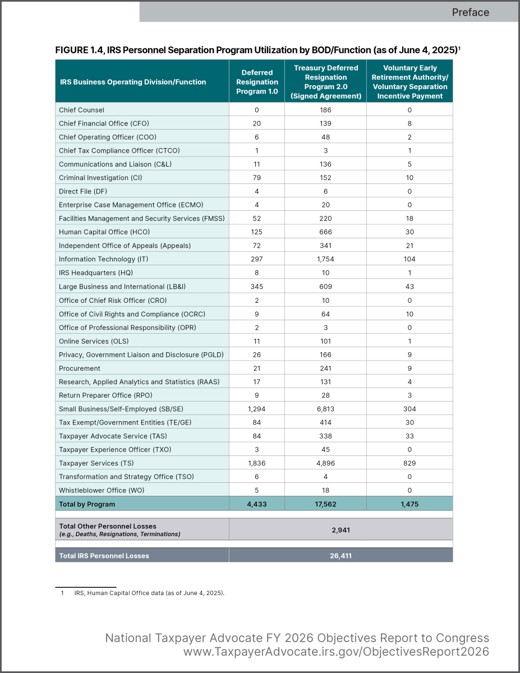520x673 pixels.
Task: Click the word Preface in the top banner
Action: pyautogui.click(x=470, y=12)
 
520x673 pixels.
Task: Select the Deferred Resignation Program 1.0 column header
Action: pyautogui.click(x=257, y=82)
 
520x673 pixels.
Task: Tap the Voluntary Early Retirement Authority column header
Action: pyautogui.click(x=409, y=82)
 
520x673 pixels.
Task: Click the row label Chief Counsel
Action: pyautogui.click(x=81, y=110)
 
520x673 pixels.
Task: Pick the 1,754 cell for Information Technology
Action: pyautogui.click(x=325, y=259)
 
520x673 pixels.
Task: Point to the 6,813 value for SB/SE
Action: pyautogui.click(x=325, y=409)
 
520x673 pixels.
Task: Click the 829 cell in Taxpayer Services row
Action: pyautogui.click(x=409, y=463)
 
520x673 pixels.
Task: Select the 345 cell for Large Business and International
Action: pyautogui.click(x=257, y=287)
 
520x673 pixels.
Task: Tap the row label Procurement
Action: pyautogui.click(x=80, y=368)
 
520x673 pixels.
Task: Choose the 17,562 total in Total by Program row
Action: pyautogui.click(x=325, y=504)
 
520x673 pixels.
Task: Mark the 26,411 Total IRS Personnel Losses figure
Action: pyautogui.click(x=340, y=556)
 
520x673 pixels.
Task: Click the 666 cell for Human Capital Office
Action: pyautogui.click(x=325, y=232)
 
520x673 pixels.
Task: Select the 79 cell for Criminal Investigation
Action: pyautogui.click(x=257, y=178)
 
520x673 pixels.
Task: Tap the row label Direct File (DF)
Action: pyautogui.click(x=83, y=191)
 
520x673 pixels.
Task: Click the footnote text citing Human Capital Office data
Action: pyautogui.click(x=149, y=592)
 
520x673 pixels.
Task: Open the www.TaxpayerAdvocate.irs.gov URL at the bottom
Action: pyautogui.click(x=336, y=652)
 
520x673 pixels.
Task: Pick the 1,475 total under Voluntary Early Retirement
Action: pyautogui.click(x=409, y=504)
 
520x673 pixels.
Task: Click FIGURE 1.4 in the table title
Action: pyautogui.click(x=79, y=50)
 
